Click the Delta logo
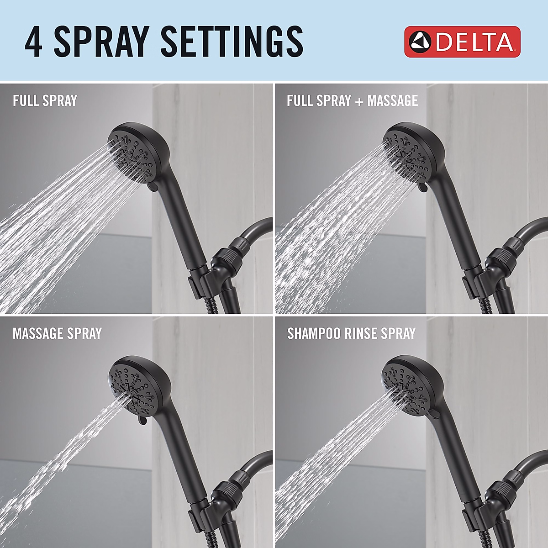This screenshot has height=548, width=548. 462,42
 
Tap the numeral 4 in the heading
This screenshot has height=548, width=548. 34,42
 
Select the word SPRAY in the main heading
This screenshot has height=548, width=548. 101,42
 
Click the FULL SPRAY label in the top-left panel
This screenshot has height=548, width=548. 45,100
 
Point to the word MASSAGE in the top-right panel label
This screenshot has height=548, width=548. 393,100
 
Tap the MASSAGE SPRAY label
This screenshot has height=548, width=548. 57,333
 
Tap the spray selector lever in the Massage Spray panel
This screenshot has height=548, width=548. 142,419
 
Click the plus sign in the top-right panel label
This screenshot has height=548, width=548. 359,101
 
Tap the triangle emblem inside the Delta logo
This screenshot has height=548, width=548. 420,42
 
